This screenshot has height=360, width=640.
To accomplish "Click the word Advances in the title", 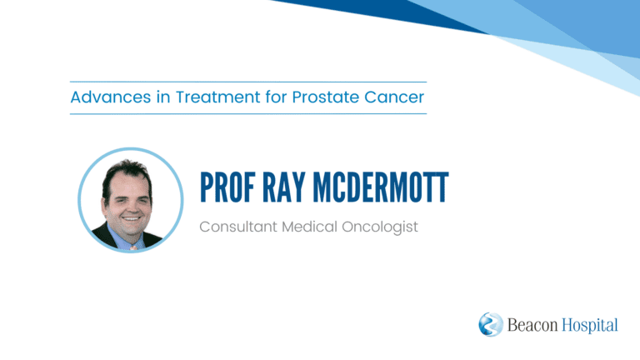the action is click(111, 97).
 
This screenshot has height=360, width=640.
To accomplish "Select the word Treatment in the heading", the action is click(218, 97).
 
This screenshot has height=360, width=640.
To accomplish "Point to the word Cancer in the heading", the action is click(394, 97).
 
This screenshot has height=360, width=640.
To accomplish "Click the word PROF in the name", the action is click(227, 187).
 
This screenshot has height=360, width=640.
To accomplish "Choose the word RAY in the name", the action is click(283, 187).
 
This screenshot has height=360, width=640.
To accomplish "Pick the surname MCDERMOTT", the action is click(381, 187).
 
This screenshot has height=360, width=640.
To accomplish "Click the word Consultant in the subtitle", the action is click(238, 227).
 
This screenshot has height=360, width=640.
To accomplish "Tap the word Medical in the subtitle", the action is click(309, 227).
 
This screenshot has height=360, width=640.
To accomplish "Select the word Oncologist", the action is click(380, 227).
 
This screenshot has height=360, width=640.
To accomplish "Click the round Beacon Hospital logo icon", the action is click(491, 324).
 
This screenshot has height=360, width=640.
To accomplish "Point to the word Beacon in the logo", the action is click(532, 325).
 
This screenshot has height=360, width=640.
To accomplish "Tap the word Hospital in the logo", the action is click(590, 326).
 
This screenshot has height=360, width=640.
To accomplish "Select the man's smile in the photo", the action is click(132, 219).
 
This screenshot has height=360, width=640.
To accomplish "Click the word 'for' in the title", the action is click(277, 97).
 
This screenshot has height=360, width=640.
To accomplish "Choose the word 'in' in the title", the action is click(163, 97).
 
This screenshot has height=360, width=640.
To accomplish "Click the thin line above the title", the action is click(248, 82).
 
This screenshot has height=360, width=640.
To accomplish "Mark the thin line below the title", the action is click(248, 114).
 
